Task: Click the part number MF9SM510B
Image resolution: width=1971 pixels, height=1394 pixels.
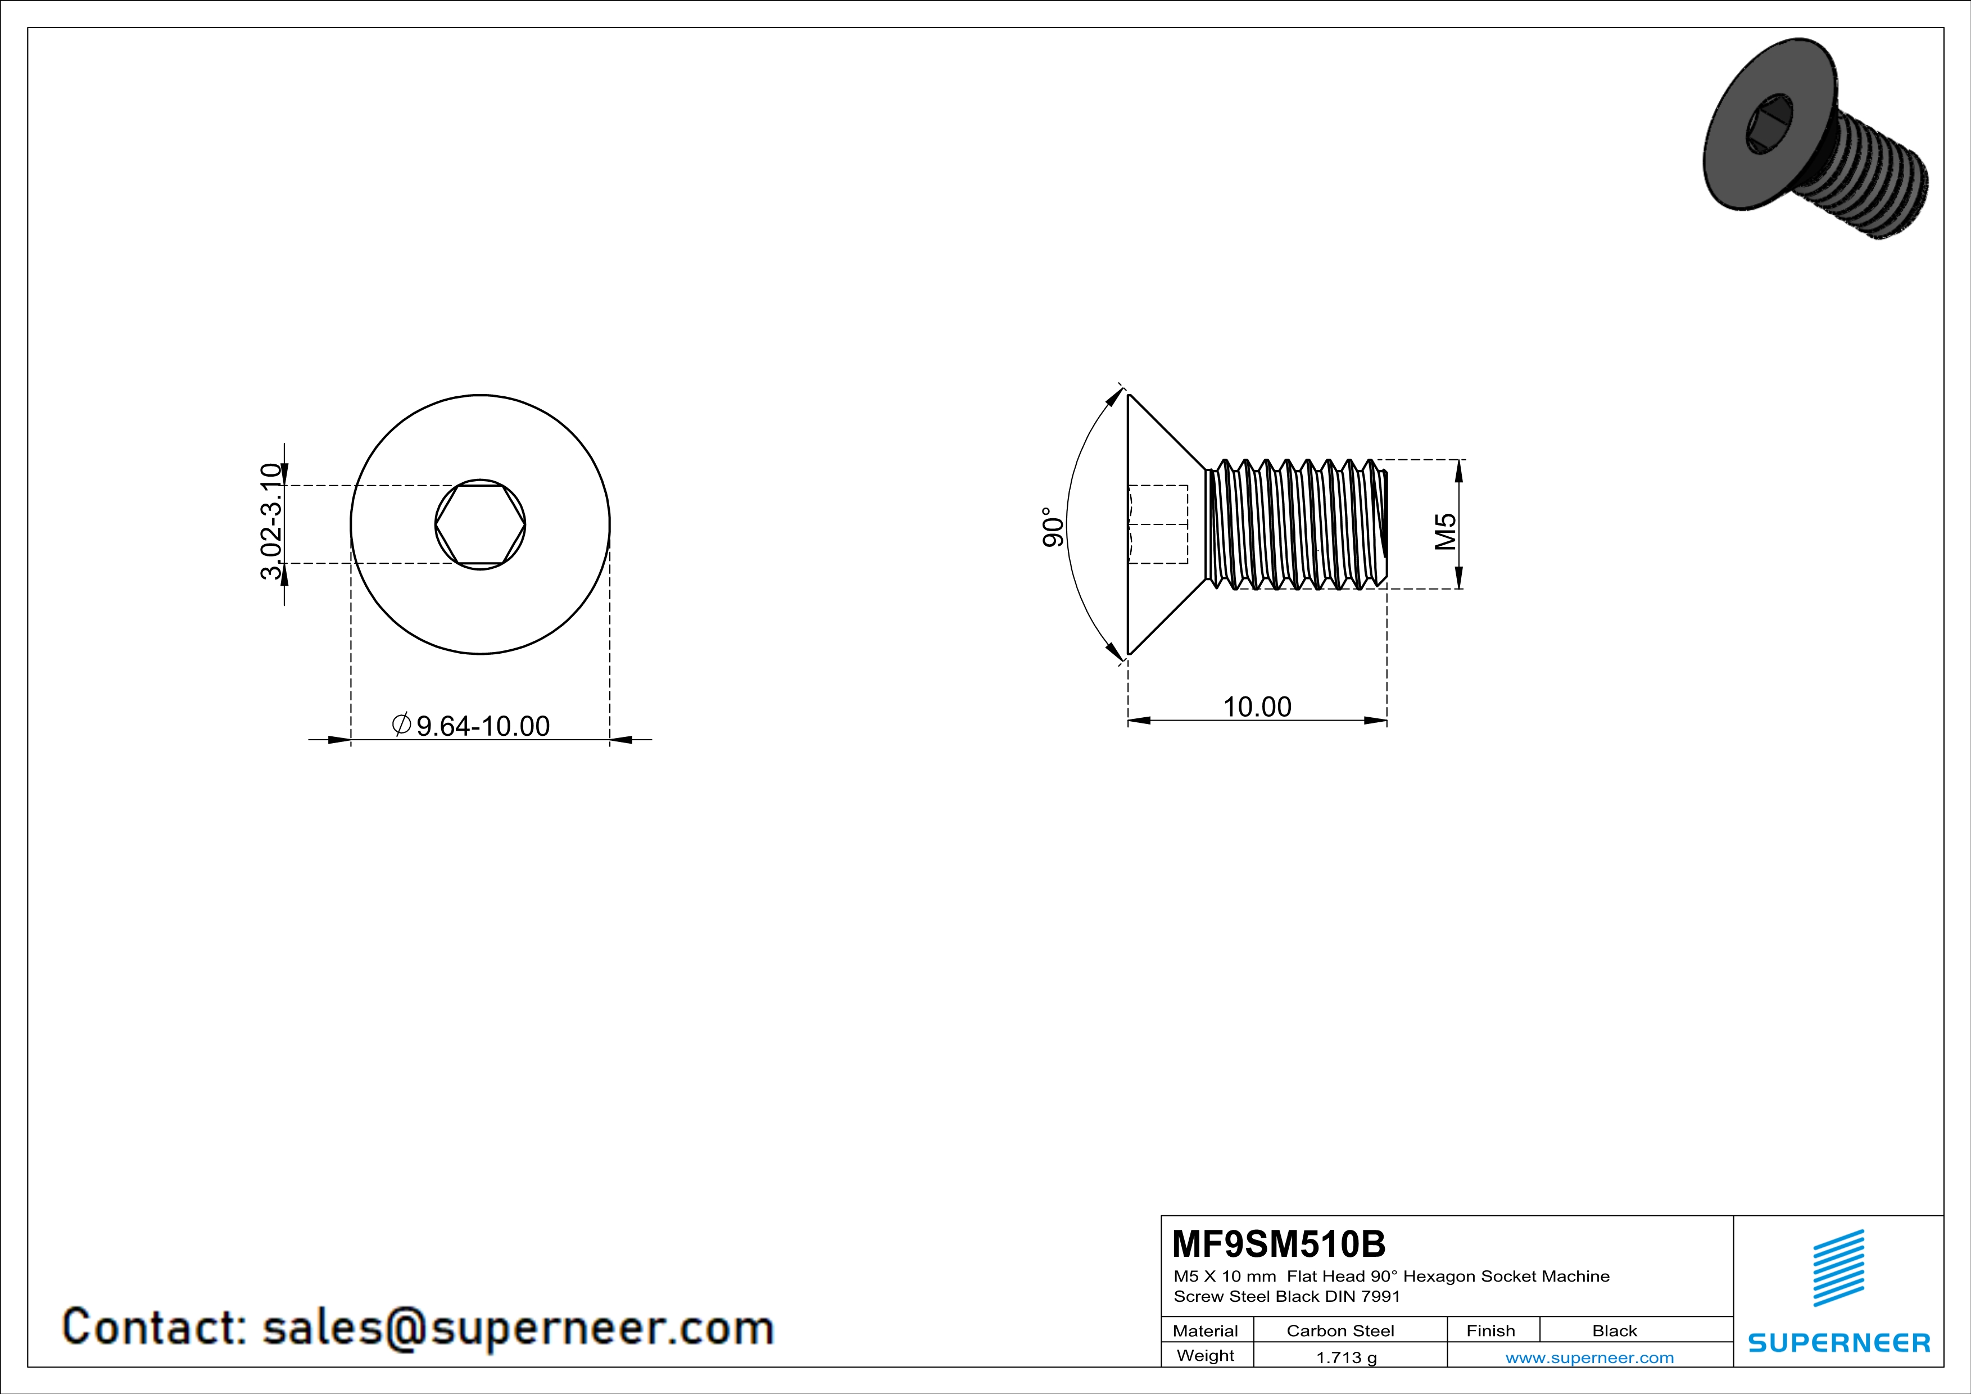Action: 1277,1244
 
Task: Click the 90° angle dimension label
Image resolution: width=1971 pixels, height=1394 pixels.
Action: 1053,526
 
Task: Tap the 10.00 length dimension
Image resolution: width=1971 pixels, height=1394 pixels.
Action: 1257,707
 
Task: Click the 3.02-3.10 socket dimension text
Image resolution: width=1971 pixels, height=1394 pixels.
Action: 271,521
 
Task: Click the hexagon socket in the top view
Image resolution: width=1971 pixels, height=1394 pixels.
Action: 480,524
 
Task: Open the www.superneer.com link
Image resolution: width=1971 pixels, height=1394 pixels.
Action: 1589,1357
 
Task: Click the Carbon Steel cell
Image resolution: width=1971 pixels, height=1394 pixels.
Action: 1340,1330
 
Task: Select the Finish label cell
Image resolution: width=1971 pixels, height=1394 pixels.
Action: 1490,1330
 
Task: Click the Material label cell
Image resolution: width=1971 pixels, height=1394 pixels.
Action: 1206,1330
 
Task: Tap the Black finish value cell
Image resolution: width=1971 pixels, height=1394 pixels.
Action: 1614,1330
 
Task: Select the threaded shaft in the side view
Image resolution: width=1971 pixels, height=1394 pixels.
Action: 1296,524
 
